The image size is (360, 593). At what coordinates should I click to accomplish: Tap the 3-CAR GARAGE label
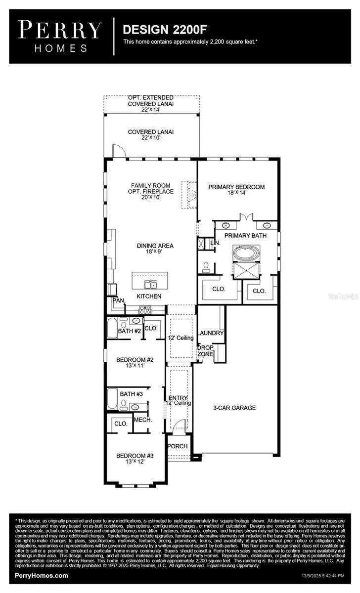(234, 408)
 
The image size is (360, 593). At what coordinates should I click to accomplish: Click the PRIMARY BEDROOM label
(236, 187)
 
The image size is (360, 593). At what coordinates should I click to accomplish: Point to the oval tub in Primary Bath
(246, 254)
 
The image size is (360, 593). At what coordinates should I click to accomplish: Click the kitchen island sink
(149, 284)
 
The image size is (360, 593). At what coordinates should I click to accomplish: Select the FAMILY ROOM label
(150, 185)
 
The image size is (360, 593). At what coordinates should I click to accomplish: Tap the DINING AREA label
(149, 246)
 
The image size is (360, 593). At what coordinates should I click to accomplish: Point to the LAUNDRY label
(211, 333)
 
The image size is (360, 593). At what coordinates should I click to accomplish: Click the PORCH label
(178, 446)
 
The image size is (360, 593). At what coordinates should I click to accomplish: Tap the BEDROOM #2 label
(135, 360)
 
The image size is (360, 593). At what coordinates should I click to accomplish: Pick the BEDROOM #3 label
(135, 456)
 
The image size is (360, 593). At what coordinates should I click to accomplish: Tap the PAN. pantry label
(118, 300)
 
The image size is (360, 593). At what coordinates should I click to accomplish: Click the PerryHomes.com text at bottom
(42, 576)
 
